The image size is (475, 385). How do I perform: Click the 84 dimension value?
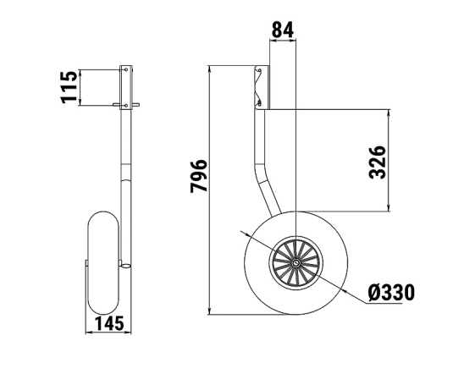click(283, 30)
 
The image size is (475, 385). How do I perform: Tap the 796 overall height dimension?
click(199, 176)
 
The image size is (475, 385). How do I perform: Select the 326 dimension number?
click(377, 162)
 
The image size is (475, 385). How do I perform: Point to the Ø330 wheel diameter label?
click(391, 293)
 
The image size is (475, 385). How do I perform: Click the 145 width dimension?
click(109, 323)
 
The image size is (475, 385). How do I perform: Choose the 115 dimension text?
click(69, 87)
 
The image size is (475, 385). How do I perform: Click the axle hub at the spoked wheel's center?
click(296, 262)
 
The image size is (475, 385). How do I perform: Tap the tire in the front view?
click(103, 262)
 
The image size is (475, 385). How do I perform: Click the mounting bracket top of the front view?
click(126, 87)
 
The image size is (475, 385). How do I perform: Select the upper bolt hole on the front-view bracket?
click(126, 69)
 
